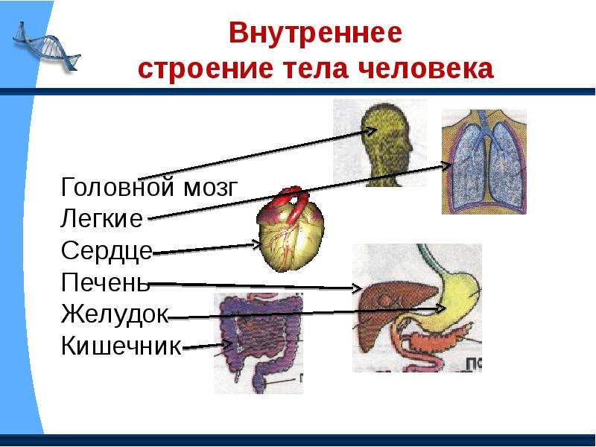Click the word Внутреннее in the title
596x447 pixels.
click(x=315, y=33)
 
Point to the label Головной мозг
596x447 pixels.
click(x=150, y=188)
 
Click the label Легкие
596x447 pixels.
click(x=102, y=218)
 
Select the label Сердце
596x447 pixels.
click(x=107, y=251)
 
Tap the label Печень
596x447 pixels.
click(x=105, y=282)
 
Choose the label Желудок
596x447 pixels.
click(x=115, y=314)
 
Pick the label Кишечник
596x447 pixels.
click(x=121, y=345)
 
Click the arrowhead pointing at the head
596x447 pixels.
click(x=370, y=131)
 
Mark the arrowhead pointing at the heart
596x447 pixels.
click(x=256, y=245)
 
